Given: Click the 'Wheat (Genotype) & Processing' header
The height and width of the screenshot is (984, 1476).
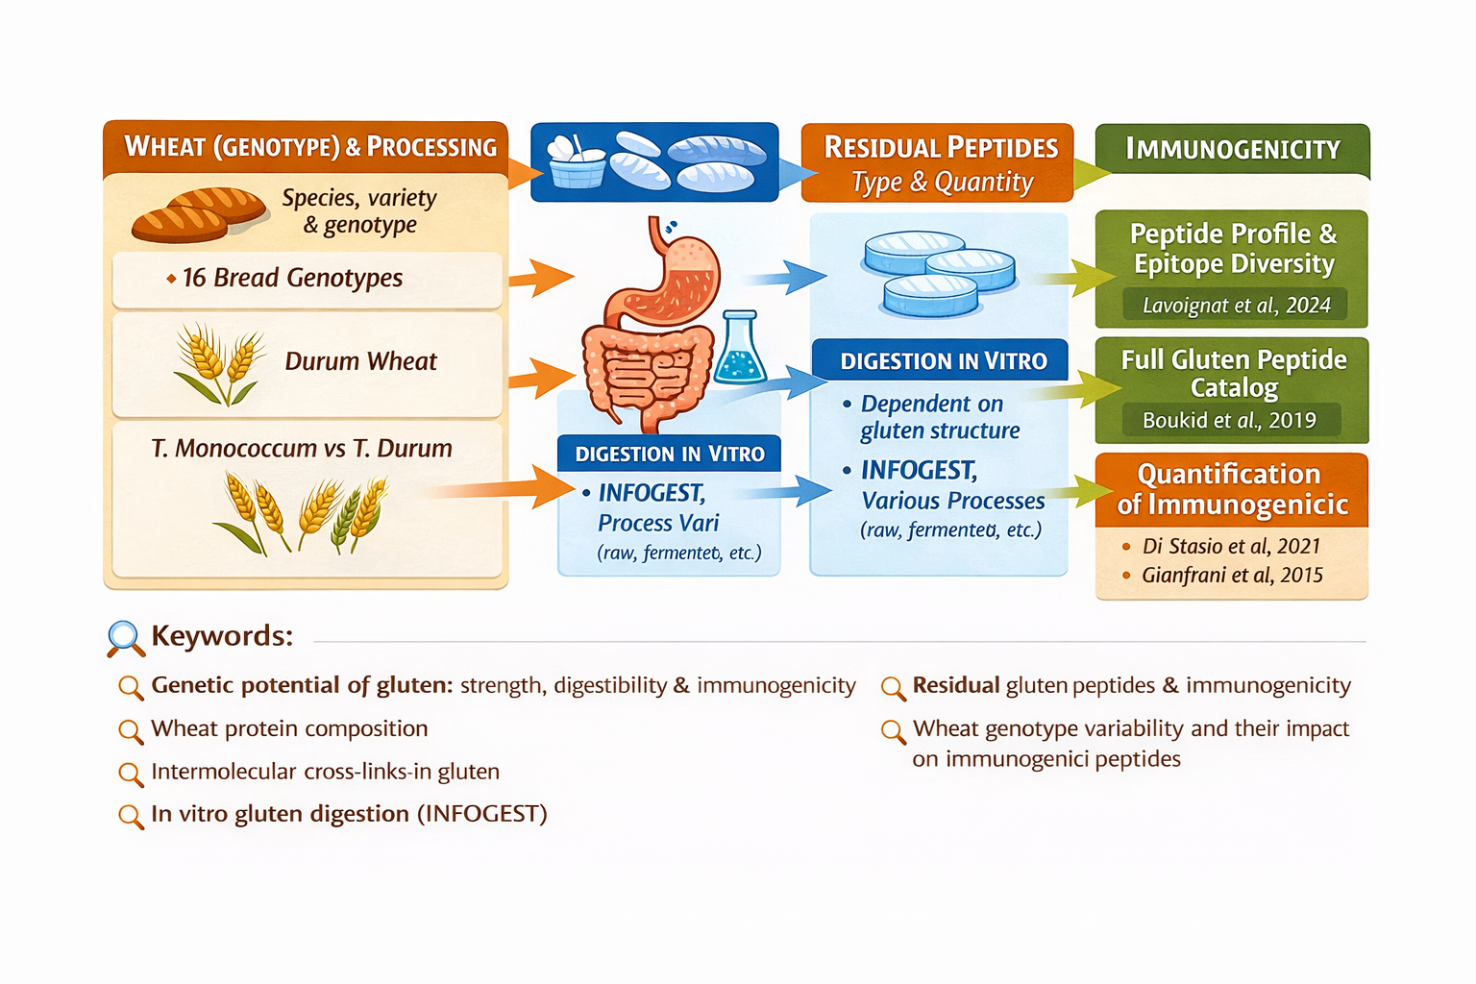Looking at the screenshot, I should tap(309, 147).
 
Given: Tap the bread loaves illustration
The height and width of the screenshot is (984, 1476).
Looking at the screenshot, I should tap(198, 213).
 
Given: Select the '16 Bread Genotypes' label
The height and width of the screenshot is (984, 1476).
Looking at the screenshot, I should tap(292, 278).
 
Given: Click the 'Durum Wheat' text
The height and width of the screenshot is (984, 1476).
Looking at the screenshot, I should tap(360, 361).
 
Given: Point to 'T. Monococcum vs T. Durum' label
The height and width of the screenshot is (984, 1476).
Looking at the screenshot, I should tap(302, 448).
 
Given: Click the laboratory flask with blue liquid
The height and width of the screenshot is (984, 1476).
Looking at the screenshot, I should tap(739, 350).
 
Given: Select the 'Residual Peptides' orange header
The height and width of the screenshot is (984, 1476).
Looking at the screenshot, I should tap(940, 147).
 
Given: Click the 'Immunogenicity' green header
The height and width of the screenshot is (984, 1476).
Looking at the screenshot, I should tap(1233, 149).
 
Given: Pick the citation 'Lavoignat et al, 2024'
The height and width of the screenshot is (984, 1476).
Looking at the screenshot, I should tap(1236, 306).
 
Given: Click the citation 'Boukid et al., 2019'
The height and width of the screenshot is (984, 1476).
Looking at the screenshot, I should tap(1229, 420).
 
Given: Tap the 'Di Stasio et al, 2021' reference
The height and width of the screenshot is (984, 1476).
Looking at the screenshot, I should tap(1231, 546).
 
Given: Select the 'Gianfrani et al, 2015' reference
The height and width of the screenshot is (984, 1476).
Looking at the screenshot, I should tap(1232, 575).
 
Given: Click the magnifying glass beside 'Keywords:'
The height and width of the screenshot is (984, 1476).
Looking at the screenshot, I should tap(125, 638).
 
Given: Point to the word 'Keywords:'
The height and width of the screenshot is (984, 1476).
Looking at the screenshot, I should tap(222, 636).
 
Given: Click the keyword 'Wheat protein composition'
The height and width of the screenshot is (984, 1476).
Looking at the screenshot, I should tap(289, 728).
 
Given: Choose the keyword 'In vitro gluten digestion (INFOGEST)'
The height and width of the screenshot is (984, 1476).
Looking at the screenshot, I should tap(349, 814).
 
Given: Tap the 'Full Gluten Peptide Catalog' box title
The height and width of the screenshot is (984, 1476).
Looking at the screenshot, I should tap(1234, 373).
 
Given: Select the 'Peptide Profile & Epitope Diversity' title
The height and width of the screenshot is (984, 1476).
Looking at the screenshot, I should tap(1234, 248).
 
